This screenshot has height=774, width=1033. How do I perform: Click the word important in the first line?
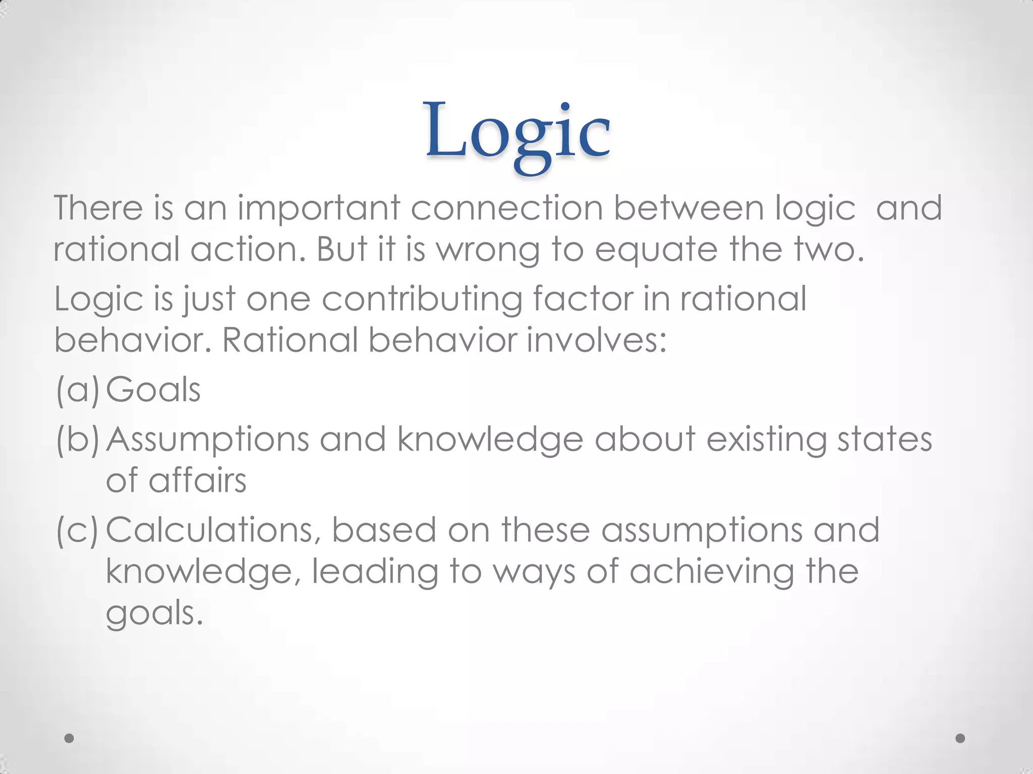click(x=319, y=208)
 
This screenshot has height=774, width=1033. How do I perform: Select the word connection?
click(x=506, y=208)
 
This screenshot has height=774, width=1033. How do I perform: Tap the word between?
click(x=688, y=208)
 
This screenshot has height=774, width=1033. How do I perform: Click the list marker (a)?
click(x=77, y=390)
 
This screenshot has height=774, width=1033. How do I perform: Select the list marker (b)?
click(x=77, y=439)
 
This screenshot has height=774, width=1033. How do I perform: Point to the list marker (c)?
click(x=77, y=531)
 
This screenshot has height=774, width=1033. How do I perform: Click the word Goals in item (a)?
click(x=153, y=390)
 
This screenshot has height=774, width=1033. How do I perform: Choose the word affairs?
click(x=197, y=481)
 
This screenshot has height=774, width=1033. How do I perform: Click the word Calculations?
click(x=213, y=531)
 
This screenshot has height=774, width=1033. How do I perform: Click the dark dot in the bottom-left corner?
click(x=70, y=738)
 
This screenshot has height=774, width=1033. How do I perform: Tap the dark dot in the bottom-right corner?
click(x=960, y=738)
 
